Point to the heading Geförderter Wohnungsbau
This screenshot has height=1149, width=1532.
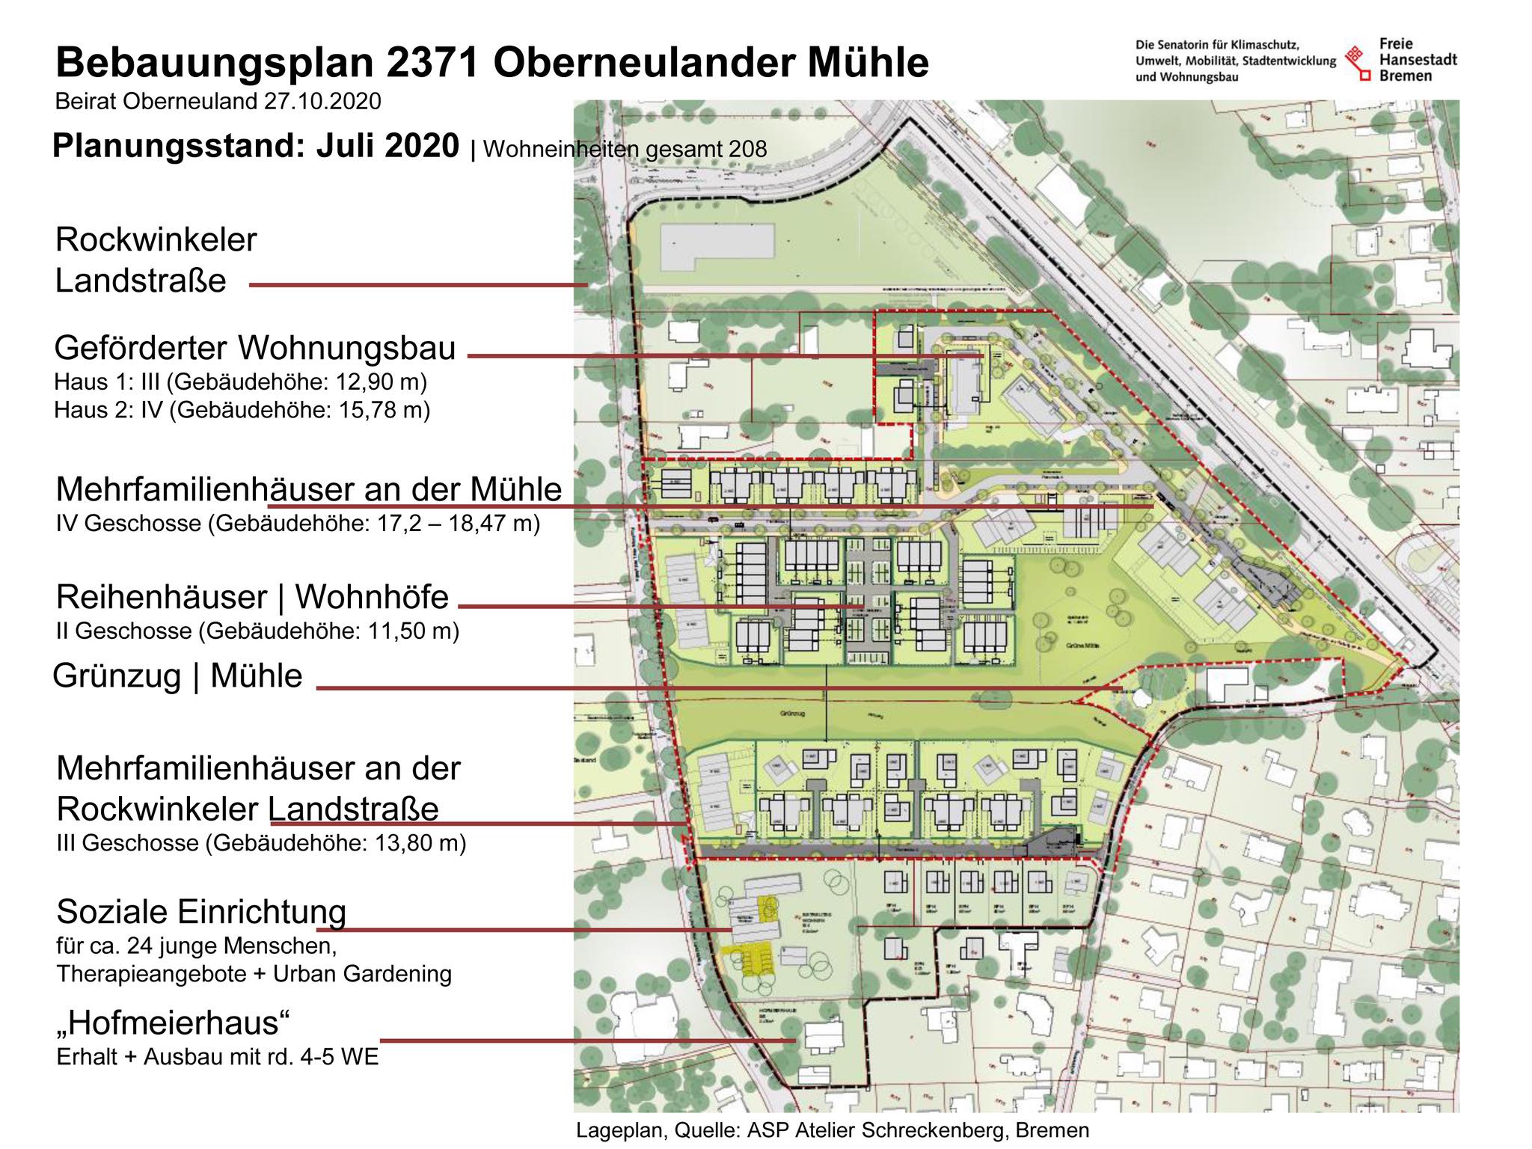[254, 349]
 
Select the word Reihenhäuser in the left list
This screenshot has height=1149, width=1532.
[161, 597]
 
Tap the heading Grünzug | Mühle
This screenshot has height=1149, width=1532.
[177, 675]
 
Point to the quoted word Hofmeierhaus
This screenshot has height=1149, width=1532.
[173, 1022]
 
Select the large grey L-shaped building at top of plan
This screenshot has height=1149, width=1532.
[716, 246]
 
